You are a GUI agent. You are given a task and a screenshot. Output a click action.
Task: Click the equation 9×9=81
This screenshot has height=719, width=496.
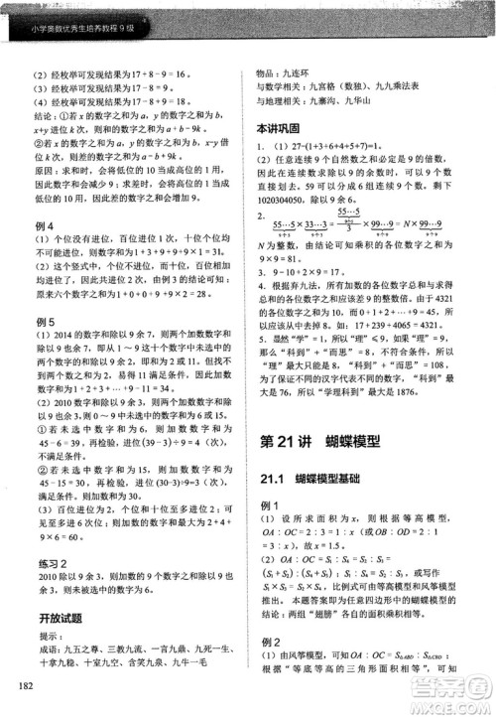[x=280, y=258]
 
